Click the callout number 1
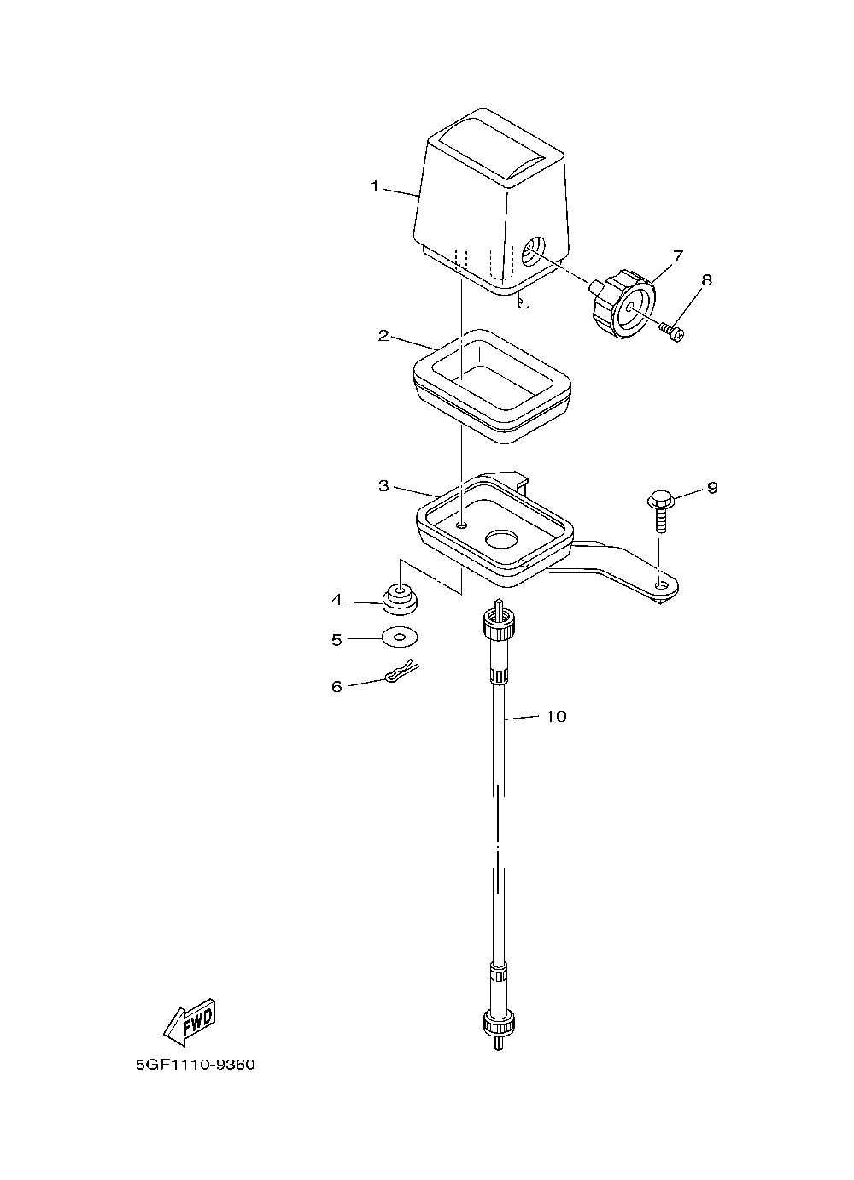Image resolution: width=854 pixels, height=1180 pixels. [x=374, y=186]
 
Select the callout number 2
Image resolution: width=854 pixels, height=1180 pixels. [x=383, y=335]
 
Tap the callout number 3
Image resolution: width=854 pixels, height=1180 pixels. [x=383, y=486]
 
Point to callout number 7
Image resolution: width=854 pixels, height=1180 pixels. [x=678, y=255]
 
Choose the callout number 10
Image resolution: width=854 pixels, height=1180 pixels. [x=555, y=717]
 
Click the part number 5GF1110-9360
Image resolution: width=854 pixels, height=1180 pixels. [x=195, y=1066]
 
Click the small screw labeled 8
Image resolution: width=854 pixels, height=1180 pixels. [x=674, y=331]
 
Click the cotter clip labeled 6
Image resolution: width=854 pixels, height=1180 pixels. [x=398, y=674]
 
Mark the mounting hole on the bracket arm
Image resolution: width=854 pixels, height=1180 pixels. [x=661, y=584]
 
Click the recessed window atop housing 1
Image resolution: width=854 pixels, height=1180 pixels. [x=494, y=152]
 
